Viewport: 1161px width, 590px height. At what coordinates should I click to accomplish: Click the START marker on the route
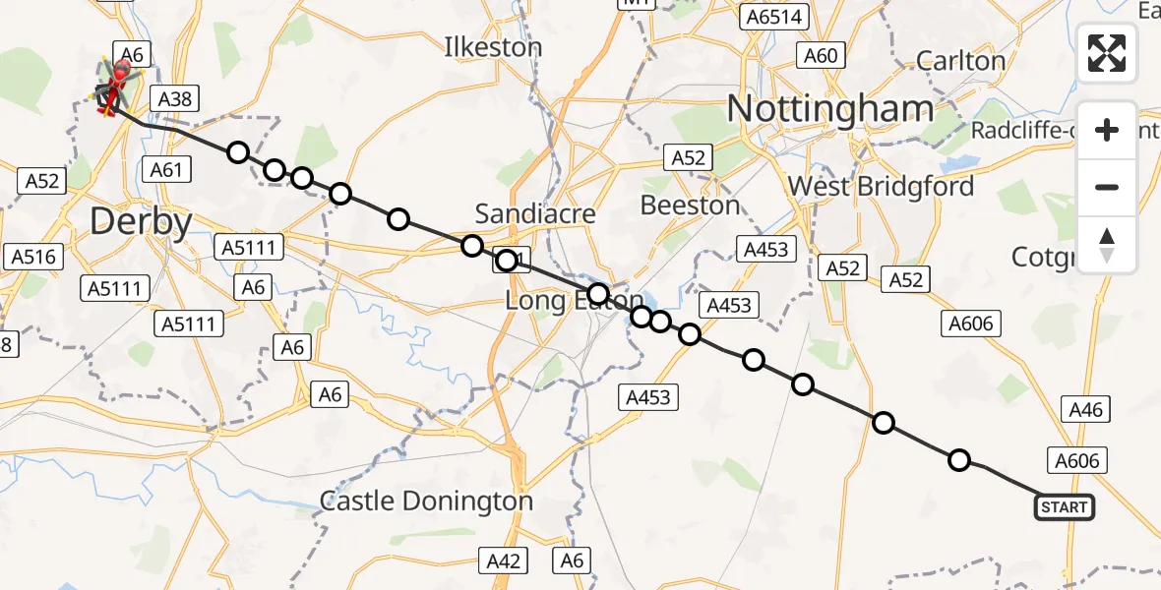click(1064, 507)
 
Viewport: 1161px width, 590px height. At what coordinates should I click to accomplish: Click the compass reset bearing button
click(1107, 245)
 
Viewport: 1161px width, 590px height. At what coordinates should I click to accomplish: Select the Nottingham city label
click(830, 108)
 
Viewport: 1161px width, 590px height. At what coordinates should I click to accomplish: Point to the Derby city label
click(141, 222)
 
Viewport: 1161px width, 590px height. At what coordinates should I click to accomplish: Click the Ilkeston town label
click(493, 47)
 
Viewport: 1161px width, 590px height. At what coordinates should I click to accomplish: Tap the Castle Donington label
click(426, 501)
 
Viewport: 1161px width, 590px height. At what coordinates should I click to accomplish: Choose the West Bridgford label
click(881, 186)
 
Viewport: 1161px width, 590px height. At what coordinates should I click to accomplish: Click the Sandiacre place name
click(535, 213)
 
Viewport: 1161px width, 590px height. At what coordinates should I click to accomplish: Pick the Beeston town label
click(690, 205)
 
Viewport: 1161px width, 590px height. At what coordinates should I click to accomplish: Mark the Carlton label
click(960, 61)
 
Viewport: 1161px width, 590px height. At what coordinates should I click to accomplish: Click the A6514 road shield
click(772, 17)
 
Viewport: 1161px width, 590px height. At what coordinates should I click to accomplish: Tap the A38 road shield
click(174, 98)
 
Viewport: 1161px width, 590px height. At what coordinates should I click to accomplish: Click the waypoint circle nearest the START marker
click(958, 460)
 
